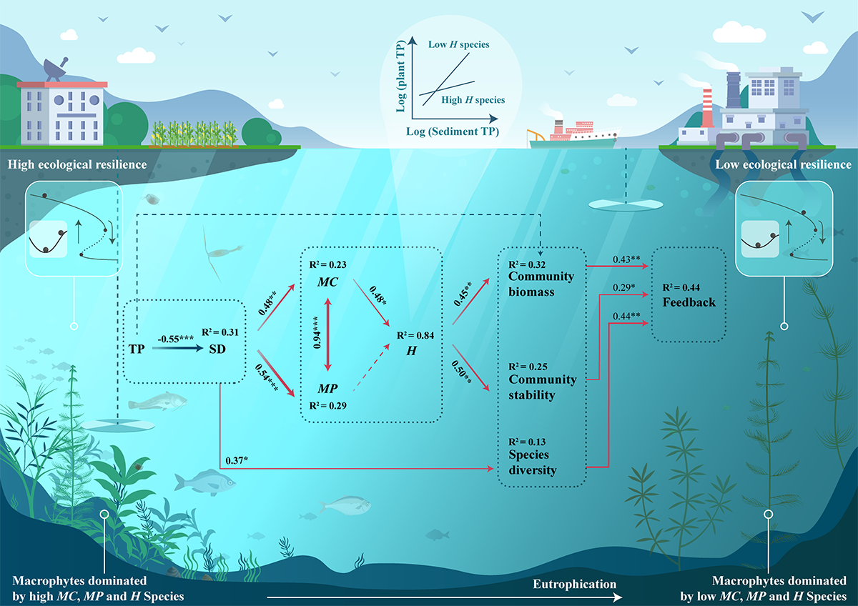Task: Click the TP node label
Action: coord(137,349)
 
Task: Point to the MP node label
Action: coord(329,389)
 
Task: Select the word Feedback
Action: coord(689,302)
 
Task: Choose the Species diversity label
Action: coord(533,462)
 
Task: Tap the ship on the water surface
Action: coord(572,136)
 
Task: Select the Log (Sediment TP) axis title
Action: coord(453,131)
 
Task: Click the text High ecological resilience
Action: coord(77,165)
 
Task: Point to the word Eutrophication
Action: coord(574,584)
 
